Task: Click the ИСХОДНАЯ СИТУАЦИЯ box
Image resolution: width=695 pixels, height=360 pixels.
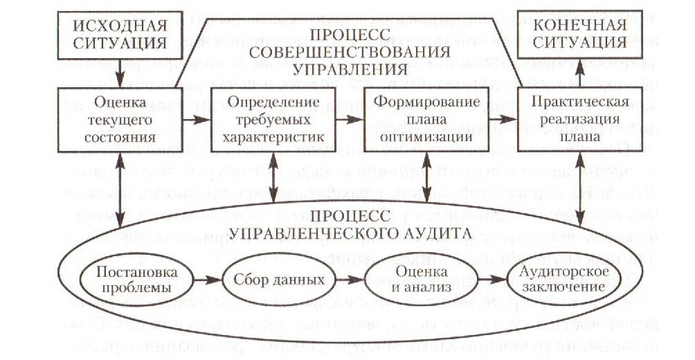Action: pyautogui.click(x=122, y=35)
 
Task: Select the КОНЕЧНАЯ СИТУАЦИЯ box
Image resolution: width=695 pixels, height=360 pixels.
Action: pyautogui.click(x=580, y=35)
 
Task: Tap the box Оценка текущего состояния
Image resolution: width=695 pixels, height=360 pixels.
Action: pyautogui.click(x=122, y=119)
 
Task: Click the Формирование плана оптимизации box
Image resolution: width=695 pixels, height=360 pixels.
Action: pyautogui.click(x=426, y=119)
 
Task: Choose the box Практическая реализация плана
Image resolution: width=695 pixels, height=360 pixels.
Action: pyautogui.click(x=580, y=119)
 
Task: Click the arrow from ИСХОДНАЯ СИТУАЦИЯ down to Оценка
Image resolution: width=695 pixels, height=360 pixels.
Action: pyautogui.click(x=122, y=71)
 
